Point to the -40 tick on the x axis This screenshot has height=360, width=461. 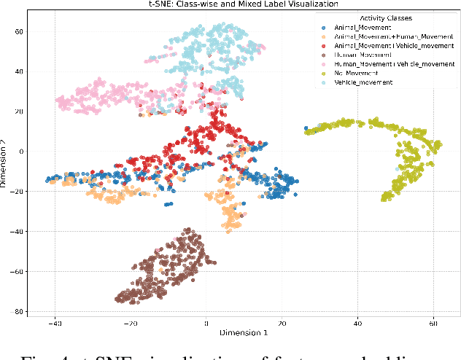click(54, 322)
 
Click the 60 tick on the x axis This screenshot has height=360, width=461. click(433, 322)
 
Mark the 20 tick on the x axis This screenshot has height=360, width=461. click(282, 322)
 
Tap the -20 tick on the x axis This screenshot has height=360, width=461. click(130, 322)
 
